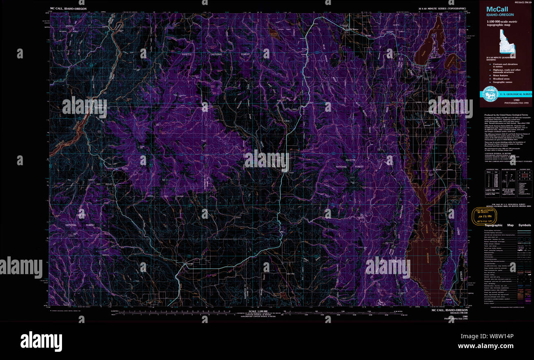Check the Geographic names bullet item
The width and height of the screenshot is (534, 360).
[x=500, y=83]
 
